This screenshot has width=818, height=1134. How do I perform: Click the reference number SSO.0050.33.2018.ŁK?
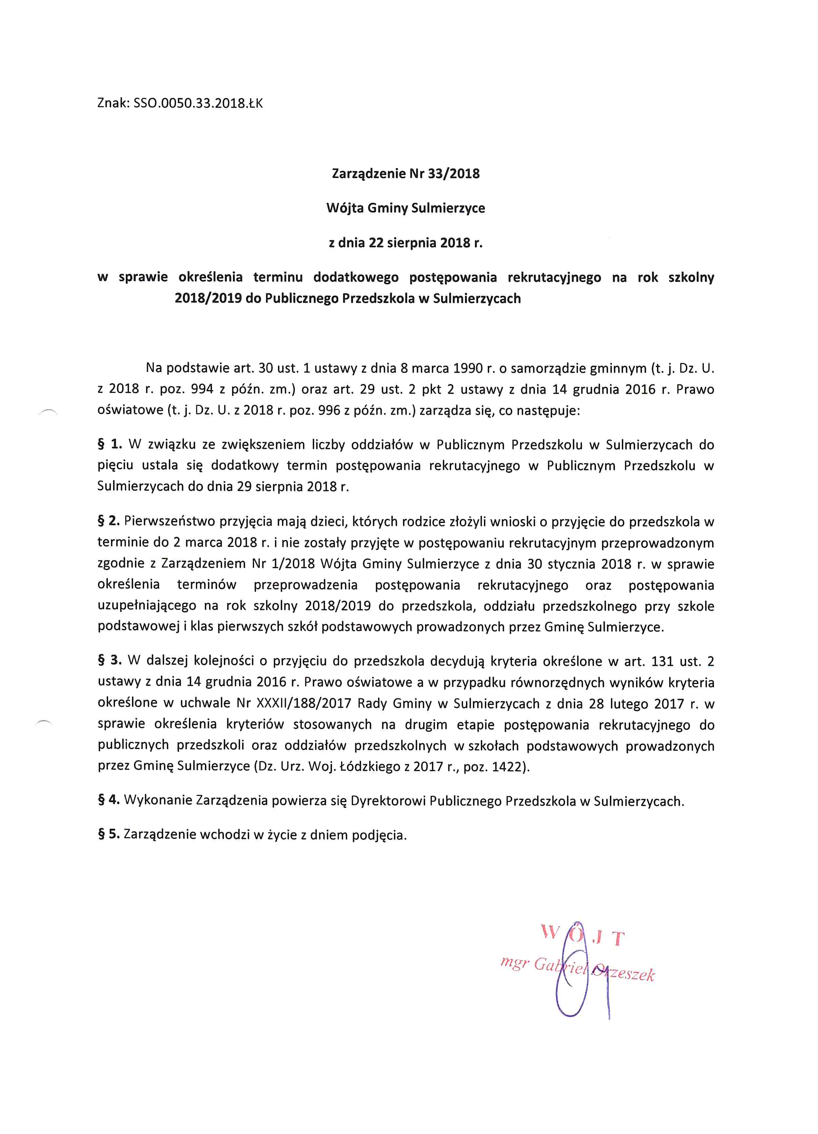(198, 104)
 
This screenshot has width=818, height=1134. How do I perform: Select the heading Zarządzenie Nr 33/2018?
(405, 174)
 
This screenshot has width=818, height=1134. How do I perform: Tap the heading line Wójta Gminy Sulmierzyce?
(405, 208)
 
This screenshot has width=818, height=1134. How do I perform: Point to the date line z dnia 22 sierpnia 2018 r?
(405, 243)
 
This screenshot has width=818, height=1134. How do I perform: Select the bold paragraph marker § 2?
(108, 521)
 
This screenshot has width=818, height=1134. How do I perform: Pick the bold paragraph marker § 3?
(109, 661)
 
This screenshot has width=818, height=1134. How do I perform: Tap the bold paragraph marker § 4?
(108, 801)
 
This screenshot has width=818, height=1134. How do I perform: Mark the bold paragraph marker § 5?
(108, 835)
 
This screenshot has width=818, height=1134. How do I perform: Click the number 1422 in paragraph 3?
(507, 766)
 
